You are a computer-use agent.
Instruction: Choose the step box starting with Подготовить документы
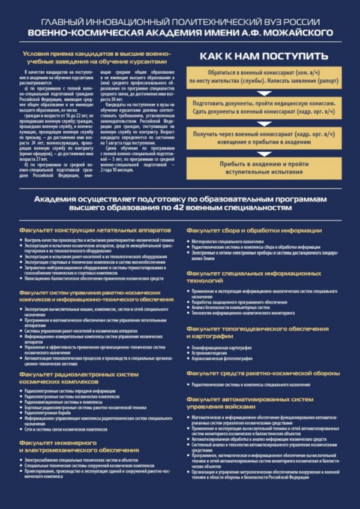(x=265, y=108)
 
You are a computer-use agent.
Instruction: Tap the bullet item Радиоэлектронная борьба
(x=53, y=412)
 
